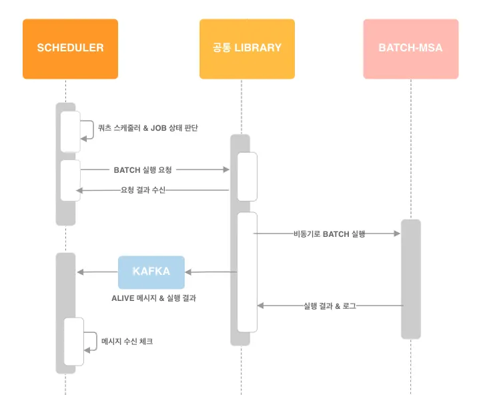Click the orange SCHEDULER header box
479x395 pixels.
point(70,49)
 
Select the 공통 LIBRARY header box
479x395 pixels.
point(247,49)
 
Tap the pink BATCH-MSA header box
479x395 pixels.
point(410,49)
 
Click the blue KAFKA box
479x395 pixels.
point(151,272)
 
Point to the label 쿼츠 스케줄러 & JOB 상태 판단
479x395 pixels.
point(147,127)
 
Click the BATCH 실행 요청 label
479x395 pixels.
point(147,169)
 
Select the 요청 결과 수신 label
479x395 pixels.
point(143,190)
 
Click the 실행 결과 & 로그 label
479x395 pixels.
point(329,306)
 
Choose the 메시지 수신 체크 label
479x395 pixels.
point(127,341)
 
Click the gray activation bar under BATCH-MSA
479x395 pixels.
point(410,279)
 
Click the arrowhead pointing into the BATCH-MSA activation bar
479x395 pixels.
point(396,234)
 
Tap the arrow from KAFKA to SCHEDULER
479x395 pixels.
point(97,272)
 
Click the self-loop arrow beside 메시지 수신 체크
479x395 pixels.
point(92,341)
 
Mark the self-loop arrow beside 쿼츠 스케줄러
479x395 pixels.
point(89,129)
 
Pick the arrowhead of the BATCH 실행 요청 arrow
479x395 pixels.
point(226,169)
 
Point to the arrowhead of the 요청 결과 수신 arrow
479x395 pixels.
point(79,191)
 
